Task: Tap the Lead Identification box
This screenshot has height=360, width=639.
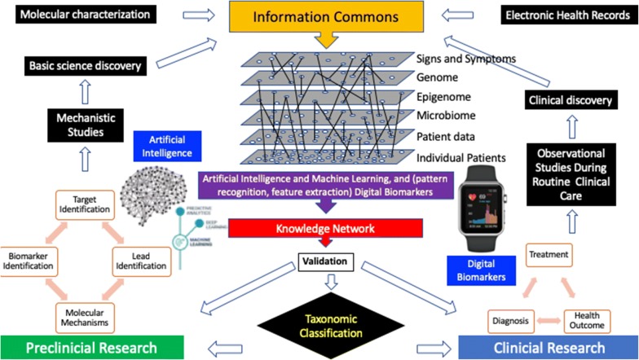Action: tap(139, 259)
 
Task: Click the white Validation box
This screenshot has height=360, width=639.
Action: tap(325, 261)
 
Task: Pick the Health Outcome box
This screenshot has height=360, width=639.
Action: tap(588, 320)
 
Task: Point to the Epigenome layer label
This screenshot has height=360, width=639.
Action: tap(444, 96)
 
